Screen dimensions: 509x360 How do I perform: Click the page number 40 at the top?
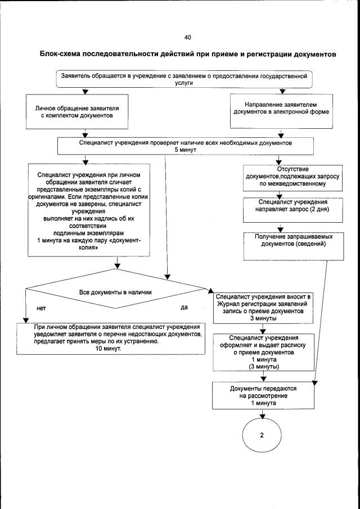point(187,38)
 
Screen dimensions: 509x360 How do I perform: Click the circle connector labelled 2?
point(262,436)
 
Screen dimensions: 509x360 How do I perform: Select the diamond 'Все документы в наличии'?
point(116,292)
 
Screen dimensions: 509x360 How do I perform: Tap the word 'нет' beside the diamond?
point(40,308)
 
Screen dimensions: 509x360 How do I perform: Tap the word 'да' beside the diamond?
point(184,307)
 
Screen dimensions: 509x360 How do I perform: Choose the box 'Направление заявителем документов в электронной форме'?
point(281,108)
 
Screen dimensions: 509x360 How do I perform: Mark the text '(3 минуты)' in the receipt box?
point(259,367)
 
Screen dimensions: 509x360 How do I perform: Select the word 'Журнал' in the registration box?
point(228,303)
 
